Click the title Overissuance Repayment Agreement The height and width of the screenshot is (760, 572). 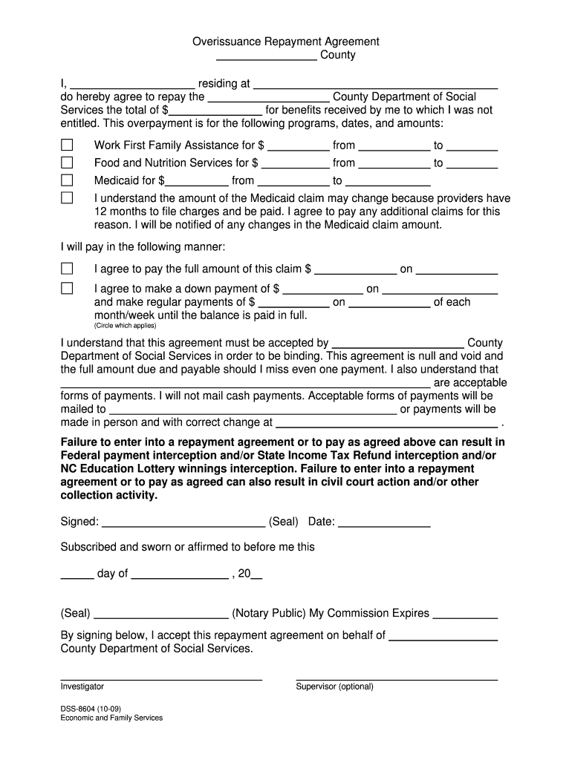pyautogui.click(x=286, y=42)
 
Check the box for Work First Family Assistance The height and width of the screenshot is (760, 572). pyautogui.click(x=67, y=145)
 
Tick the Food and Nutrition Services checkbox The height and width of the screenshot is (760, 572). pyautogui.click(x=67, y=163)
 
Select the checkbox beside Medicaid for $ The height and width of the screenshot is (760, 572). pyautogui.click(x=67, y=180)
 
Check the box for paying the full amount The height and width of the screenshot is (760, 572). pyautogui.click(x=67, y=269)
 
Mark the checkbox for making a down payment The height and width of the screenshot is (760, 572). pyautogui.click(x=67, y=288)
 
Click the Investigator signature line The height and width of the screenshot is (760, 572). pyautogui.click(x=160, y=678)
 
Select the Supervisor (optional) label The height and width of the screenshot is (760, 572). pyautogui.click(x=334, y=687)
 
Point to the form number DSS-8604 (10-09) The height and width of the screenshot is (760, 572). pyautogui.click(x=91, y=708)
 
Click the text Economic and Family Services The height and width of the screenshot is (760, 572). pyautogui.click(x=111, y=718)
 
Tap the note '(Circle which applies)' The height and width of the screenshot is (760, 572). pyautogui.click(x=125, y=326)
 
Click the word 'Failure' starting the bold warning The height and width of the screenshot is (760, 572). pyautogui.click(x=80, y=443)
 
